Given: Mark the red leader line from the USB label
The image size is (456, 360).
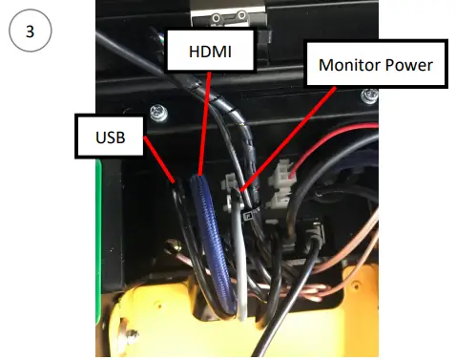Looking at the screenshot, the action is [157, 159].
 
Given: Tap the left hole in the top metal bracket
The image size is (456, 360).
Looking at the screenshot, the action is [222, 15].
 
